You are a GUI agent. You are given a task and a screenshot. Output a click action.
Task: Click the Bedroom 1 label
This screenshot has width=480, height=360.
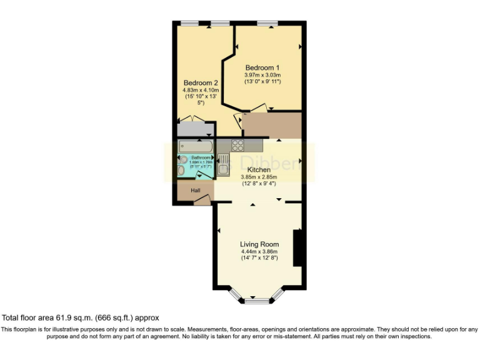coord(262,67)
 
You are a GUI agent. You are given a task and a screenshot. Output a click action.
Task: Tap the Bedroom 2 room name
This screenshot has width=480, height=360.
coord(201,82)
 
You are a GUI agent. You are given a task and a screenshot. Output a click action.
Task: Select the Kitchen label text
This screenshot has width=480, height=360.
coord(259,169)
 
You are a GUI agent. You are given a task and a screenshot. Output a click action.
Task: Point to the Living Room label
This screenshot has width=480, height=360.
coord(259,244)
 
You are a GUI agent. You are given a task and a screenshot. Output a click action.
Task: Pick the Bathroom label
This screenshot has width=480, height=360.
coord(201,157)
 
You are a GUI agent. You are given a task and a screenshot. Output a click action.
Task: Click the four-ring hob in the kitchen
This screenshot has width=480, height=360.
coord(238,145)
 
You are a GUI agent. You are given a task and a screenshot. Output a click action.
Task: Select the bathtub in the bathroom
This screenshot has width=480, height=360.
coord(196,146)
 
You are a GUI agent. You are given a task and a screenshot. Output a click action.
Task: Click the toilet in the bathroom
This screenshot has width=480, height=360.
coord(182,169)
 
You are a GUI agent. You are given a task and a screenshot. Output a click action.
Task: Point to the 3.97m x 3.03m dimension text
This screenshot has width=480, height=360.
coord(262,75)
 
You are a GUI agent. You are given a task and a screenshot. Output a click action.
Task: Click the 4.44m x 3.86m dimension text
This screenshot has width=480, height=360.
coord(259,252)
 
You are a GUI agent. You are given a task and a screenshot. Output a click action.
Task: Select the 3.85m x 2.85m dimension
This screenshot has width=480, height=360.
coord(259,177)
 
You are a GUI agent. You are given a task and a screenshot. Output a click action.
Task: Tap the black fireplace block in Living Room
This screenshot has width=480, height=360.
coord(298,249)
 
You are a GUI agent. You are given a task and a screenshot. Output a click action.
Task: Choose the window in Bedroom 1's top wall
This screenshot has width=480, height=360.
coord(267,24)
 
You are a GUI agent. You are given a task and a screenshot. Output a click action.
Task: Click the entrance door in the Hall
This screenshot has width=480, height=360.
coord(202,200)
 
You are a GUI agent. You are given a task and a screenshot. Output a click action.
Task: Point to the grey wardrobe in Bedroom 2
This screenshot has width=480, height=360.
coord(195,129)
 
